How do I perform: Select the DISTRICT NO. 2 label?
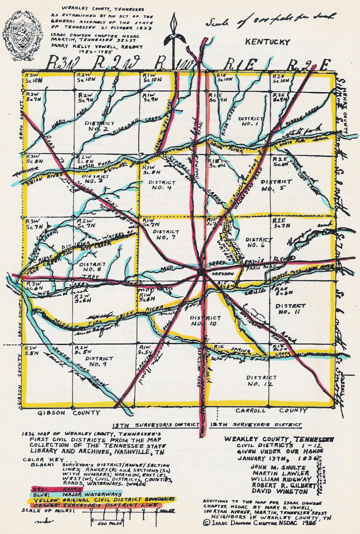(96, 126)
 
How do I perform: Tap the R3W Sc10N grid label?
(33, 78)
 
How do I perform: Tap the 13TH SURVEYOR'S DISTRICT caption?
(156, 425)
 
